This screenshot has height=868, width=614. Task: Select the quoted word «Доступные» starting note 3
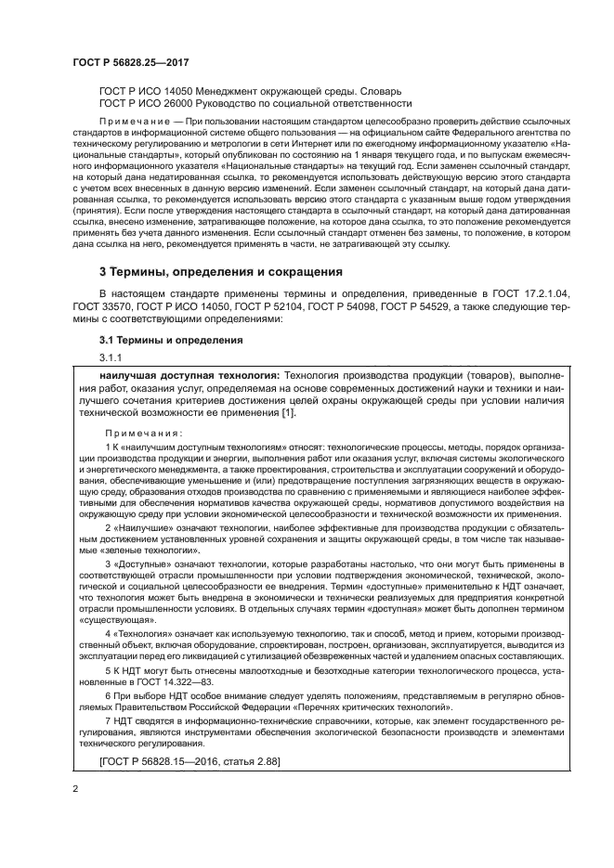pyautogui.click(x=136, y=564)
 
